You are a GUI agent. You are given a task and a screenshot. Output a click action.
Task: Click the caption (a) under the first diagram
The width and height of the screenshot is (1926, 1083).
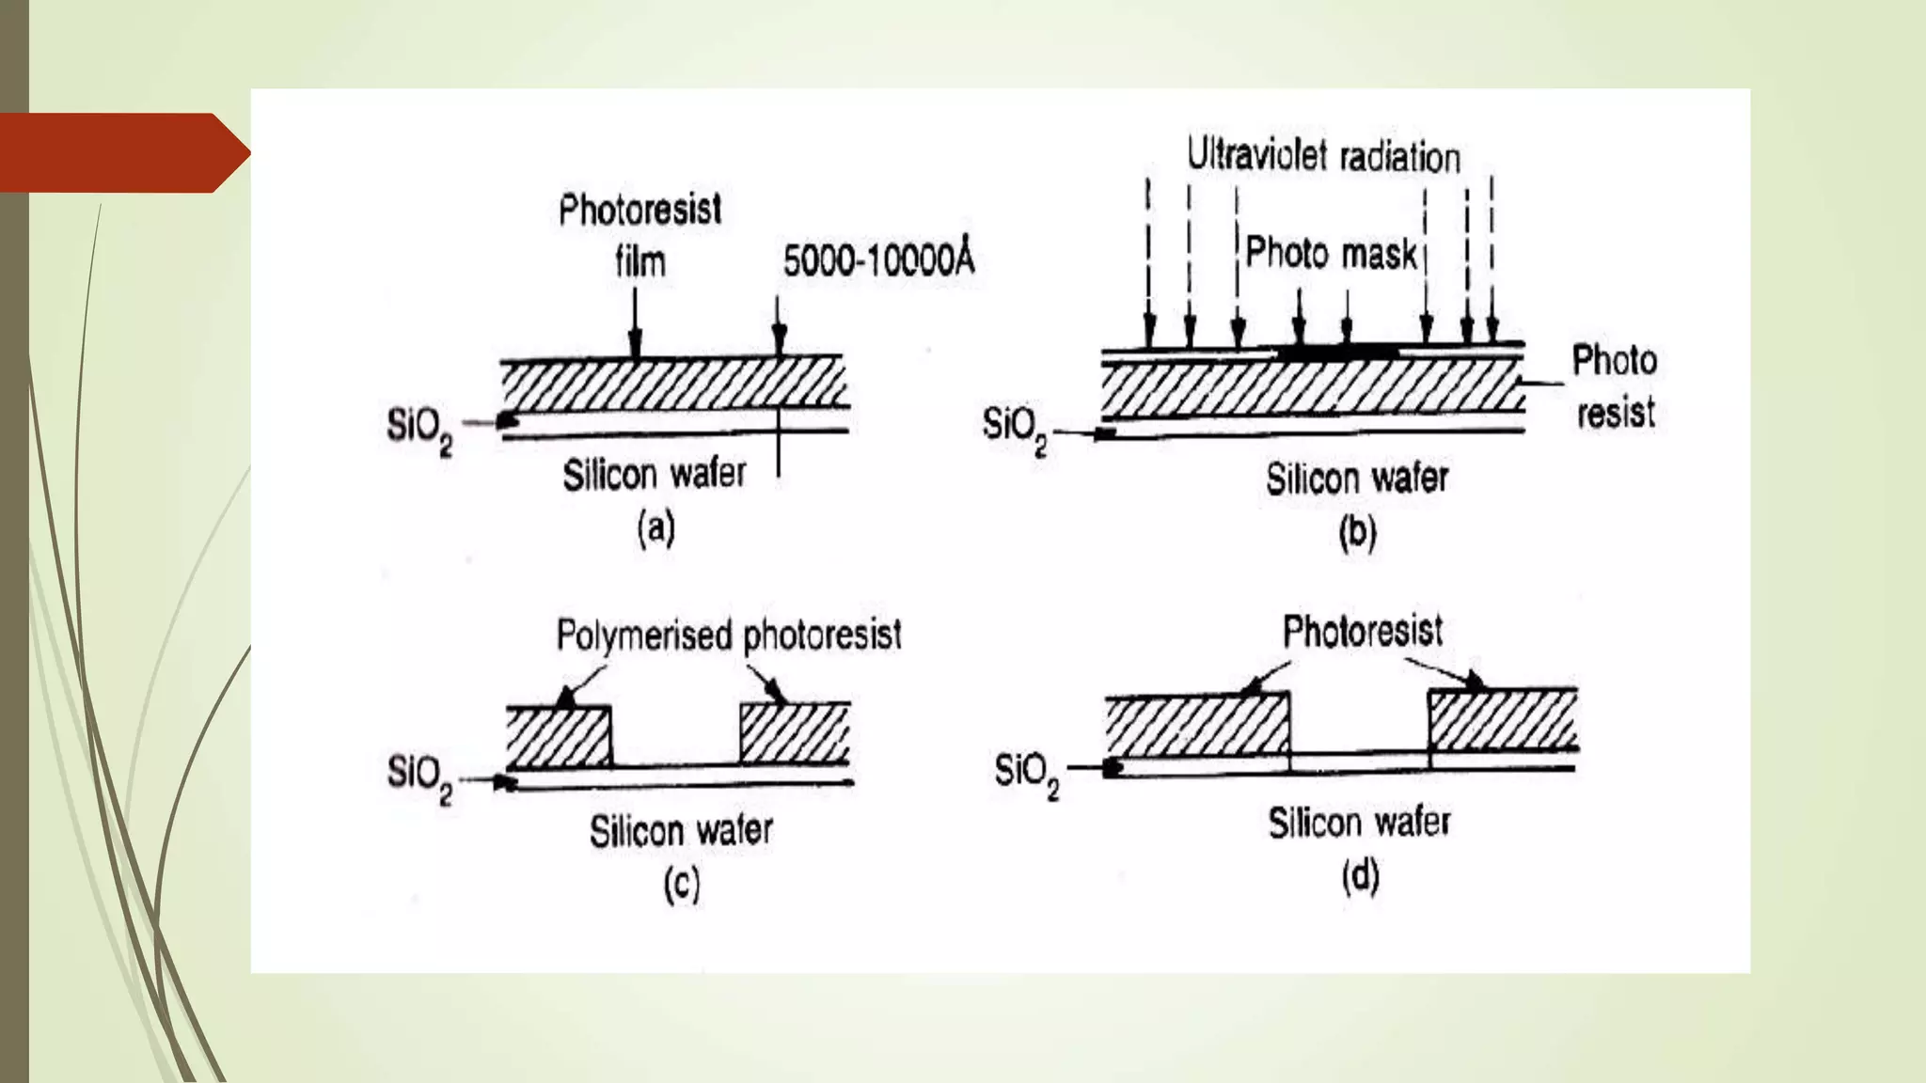[x=656, y=528]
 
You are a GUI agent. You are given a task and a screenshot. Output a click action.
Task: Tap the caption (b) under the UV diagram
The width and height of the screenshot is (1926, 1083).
[x=1357, y=532]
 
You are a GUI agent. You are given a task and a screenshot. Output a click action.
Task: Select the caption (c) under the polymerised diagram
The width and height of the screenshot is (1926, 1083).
[x=682, y=885]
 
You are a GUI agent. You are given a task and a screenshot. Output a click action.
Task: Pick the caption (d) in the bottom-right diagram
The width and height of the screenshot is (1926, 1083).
[x=1360, y=877]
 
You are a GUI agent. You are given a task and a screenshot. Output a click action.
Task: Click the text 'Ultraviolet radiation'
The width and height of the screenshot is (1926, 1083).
[x=1323, y=156]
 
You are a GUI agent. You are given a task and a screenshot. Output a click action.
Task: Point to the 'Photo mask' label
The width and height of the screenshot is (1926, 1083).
[x=1331, y=254]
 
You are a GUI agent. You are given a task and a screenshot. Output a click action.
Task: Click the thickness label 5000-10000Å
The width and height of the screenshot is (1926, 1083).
[x=878, y=260]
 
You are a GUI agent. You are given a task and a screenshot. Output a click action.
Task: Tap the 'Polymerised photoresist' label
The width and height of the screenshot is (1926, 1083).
[x=729, y=636]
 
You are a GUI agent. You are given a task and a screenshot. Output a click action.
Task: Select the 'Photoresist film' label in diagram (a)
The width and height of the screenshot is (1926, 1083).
[x=640, y=235]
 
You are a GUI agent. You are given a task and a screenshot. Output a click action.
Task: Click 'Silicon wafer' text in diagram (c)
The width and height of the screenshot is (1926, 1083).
[x=681, y=831]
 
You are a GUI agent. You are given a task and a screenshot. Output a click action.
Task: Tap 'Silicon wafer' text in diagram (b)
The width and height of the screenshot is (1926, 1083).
[x=1357, y=479]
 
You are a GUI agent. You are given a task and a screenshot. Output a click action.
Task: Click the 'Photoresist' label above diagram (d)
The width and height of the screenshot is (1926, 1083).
[x=1363, y=631]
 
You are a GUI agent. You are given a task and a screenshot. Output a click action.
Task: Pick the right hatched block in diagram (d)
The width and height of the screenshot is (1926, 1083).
[x=1502, y=720]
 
